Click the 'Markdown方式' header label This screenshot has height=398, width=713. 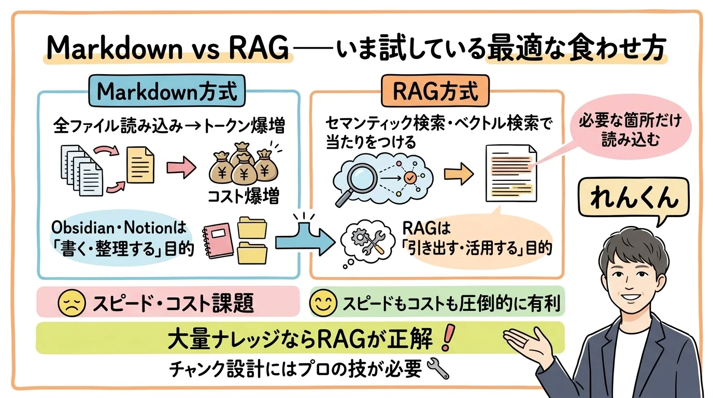[x=167, y=92]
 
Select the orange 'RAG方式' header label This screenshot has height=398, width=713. [x=434, y=92]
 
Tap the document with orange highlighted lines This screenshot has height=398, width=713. [x=510, y=173]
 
